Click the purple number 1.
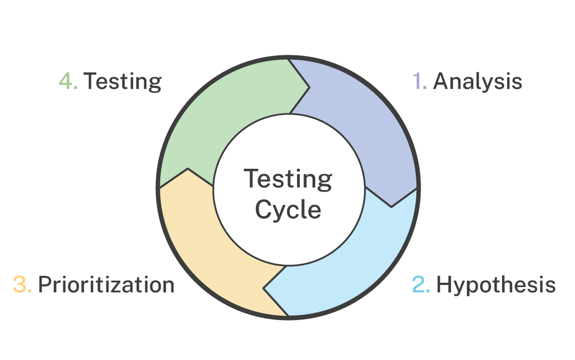pos(419,81)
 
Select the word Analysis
pos(478,81)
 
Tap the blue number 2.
pos(421,285)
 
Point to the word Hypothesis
pos(496,285)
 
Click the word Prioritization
pos(106,285)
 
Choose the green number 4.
pos(68,81)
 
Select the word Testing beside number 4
pos(123,81)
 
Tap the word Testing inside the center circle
pos(288,179)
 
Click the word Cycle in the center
pos(288,209)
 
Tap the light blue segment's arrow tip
pos(264,290)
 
